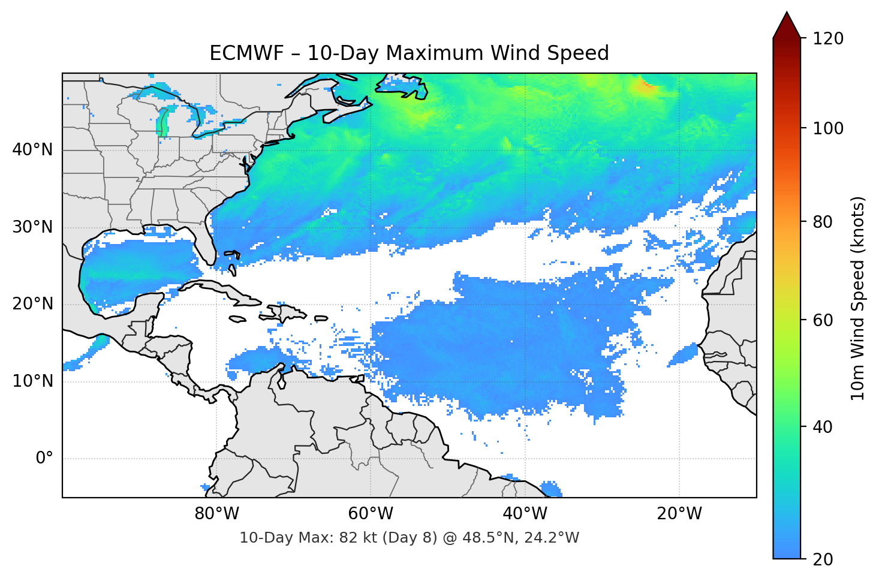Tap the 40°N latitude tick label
[x=32, y=150]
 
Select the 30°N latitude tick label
[x=32, y=227]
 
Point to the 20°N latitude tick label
[x=32, y=304]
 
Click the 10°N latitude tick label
[x=32, y=381]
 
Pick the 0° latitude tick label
[x=44, y=459]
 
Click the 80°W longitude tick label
[x=216, y=514]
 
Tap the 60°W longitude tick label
[x=371, y=514]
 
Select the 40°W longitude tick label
[x=525, y=514]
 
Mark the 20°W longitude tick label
[x=679, y=514]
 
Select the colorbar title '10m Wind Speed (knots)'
[x=858, y=298]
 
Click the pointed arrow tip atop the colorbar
[x=787, y=13]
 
